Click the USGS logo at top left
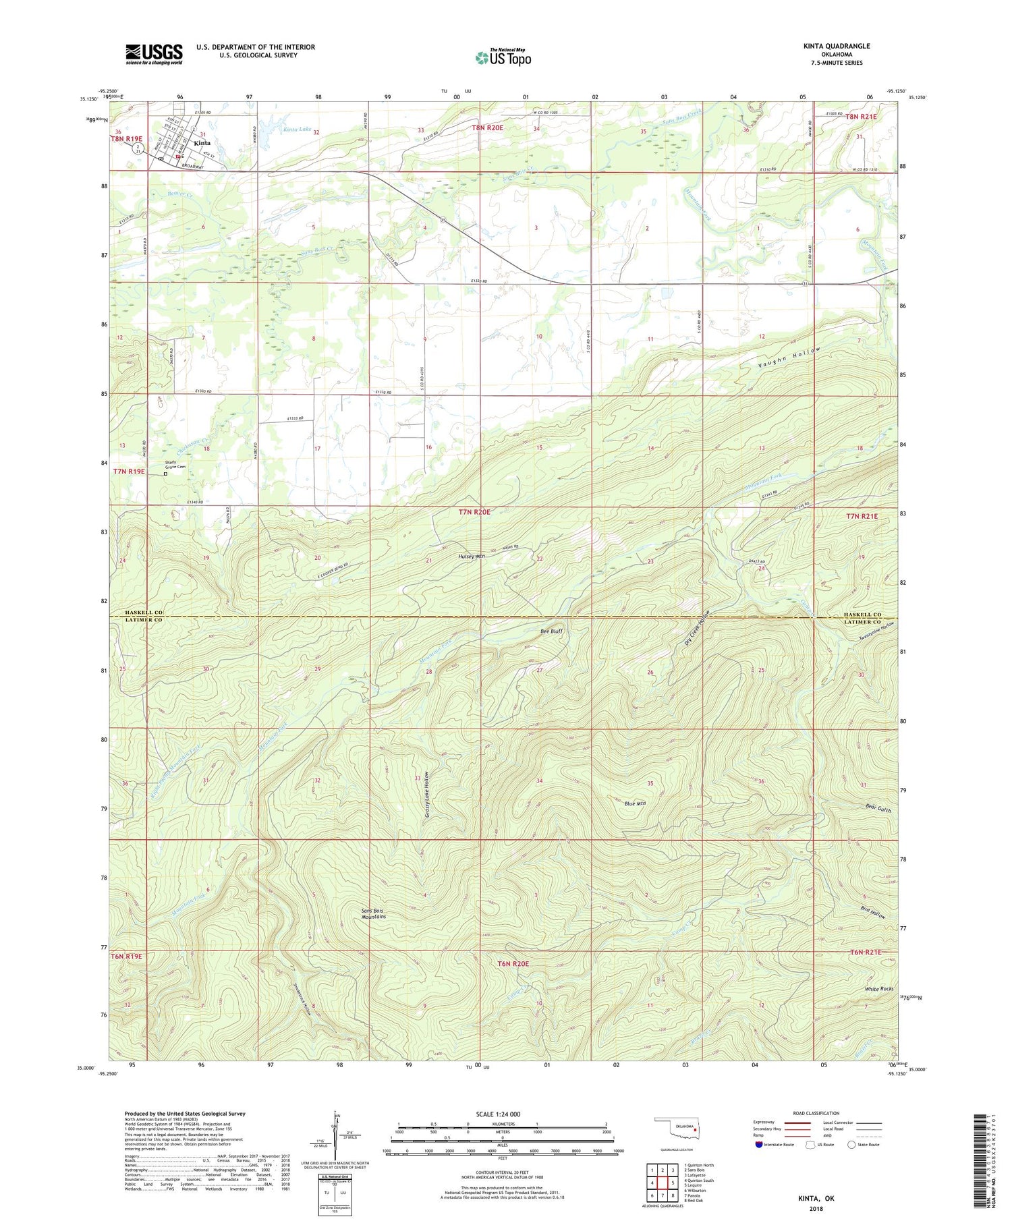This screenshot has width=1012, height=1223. [154, 54]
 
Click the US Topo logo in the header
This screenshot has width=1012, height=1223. [503, 58]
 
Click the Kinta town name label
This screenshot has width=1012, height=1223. [202, 143]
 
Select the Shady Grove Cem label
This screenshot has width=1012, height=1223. [176, 465]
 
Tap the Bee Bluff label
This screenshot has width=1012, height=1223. [551, 631]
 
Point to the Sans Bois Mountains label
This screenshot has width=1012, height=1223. [374, 913]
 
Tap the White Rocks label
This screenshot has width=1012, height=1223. [880, 989]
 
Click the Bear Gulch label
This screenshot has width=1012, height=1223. [878, 807]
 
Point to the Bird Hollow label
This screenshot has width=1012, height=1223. [872, 912]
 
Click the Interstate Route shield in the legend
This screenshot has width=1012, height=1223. [759, 1145]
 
